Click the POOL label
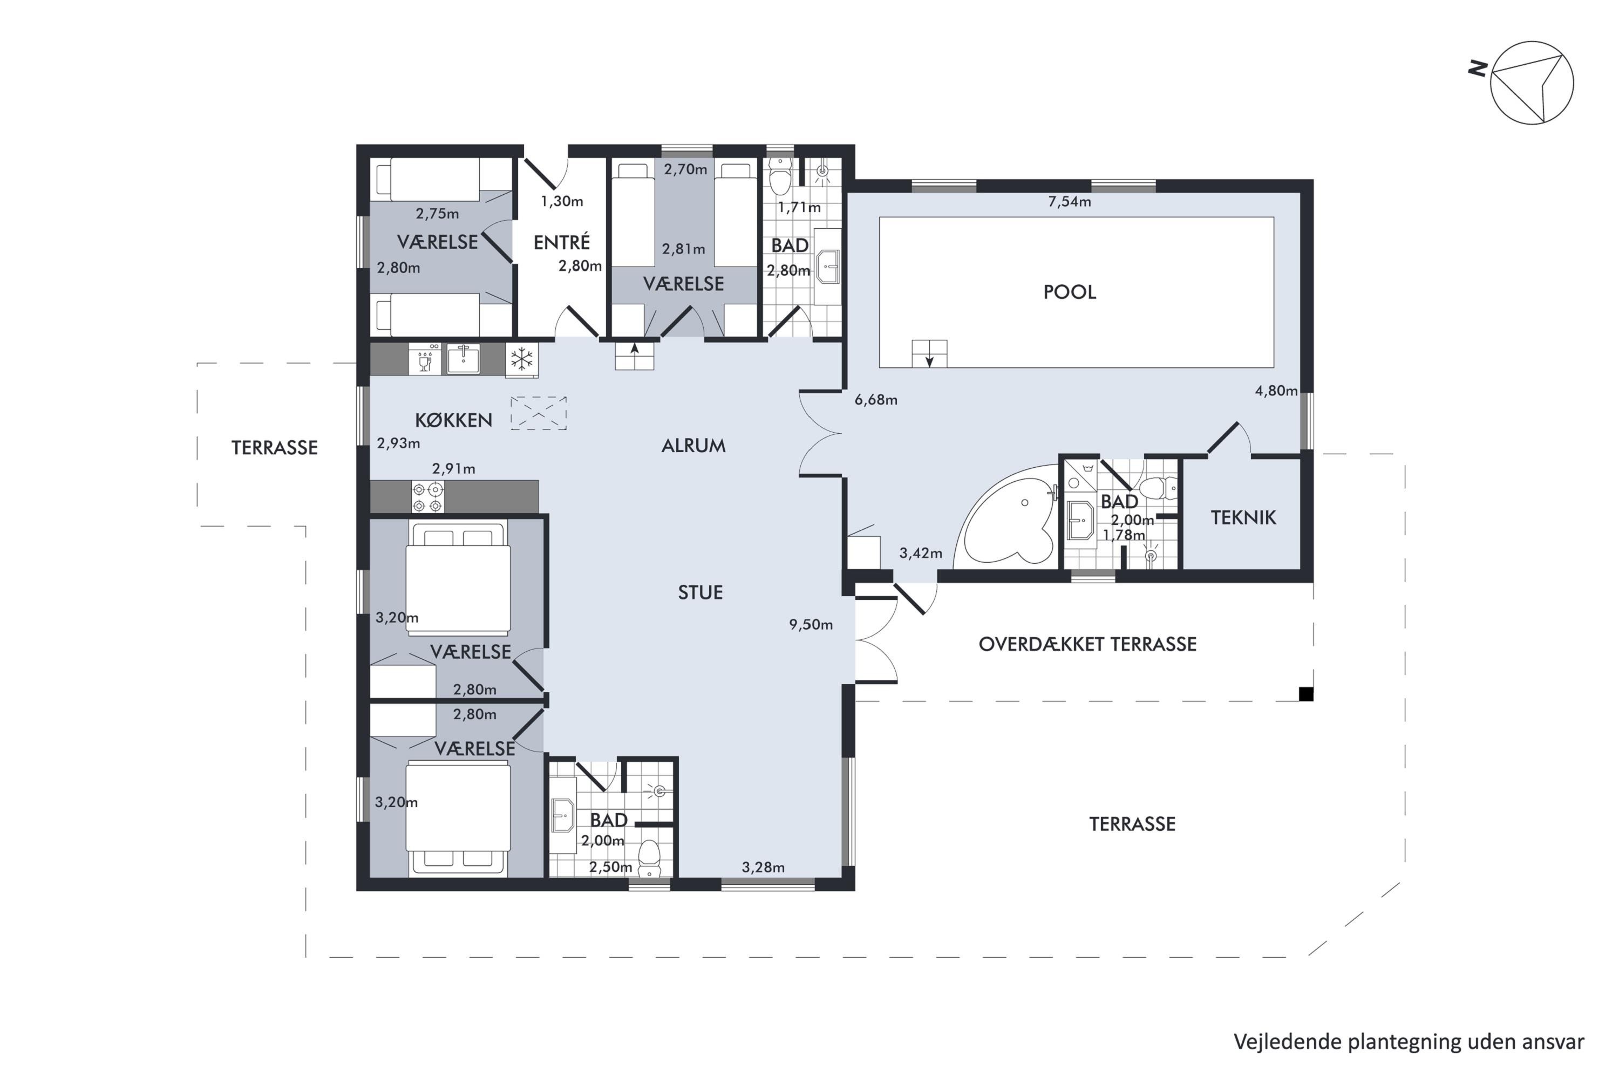[x=1069, y=292]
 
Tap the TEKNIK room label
[x=1243, y=517]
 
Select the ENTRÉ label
[x=562, y=242]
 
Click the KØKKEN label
[x=454, y=420]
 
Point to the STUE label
[x=700, y=592]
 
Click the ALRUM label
[x=693, y=446]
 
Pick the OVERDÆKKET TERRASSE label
[x=1087, y=644]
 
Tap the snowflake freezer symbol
[x=522, y=359]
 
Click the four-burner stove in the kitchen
[x=427, y=497]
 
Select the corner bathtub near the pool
[x=1006, y=520]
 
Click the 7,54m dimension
[x=1069, y=202]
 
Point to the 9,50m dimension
[x=811, y=625]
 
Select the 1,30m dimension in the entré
[x=562, y=202]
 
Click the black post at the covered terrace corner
[x=1306, y=694]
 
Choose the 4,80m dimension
[x=1276, y=391]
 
